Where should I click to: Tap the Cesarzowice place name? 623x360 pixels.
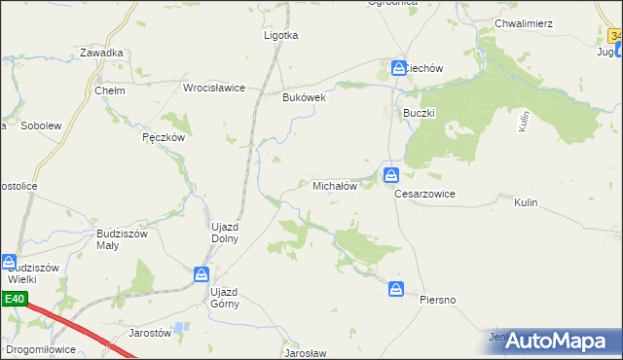click(x=424, y=194)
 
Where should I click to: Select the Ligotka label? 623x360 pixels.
click(x=281, y=35)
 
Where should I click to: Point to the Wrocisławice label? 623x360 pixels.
click(x=214, y=88)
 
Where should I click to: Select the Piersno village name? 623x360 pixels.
click(x=437, y=299)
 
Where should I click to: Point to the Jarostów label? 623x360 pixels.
click(x=150, y=332)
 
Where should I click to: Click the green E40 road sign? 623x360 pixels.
click(x=15, y=300)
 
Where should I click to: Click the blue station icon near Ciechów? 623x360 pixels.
click(x=399, y=68)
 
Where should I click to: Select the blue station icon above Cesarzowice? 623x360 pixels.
click(x=390, y=175)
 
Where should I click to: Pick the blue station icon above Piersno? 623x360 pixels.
click(x=396, y=289)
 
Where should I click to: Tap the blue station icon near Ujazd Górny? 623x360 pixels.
click(x=201, y=275)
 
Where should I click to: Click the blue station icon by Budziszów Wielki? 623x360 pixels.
click(x=9, y=262)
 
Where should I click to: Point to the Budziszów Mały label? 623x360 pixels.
click(x=121, y=239)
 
